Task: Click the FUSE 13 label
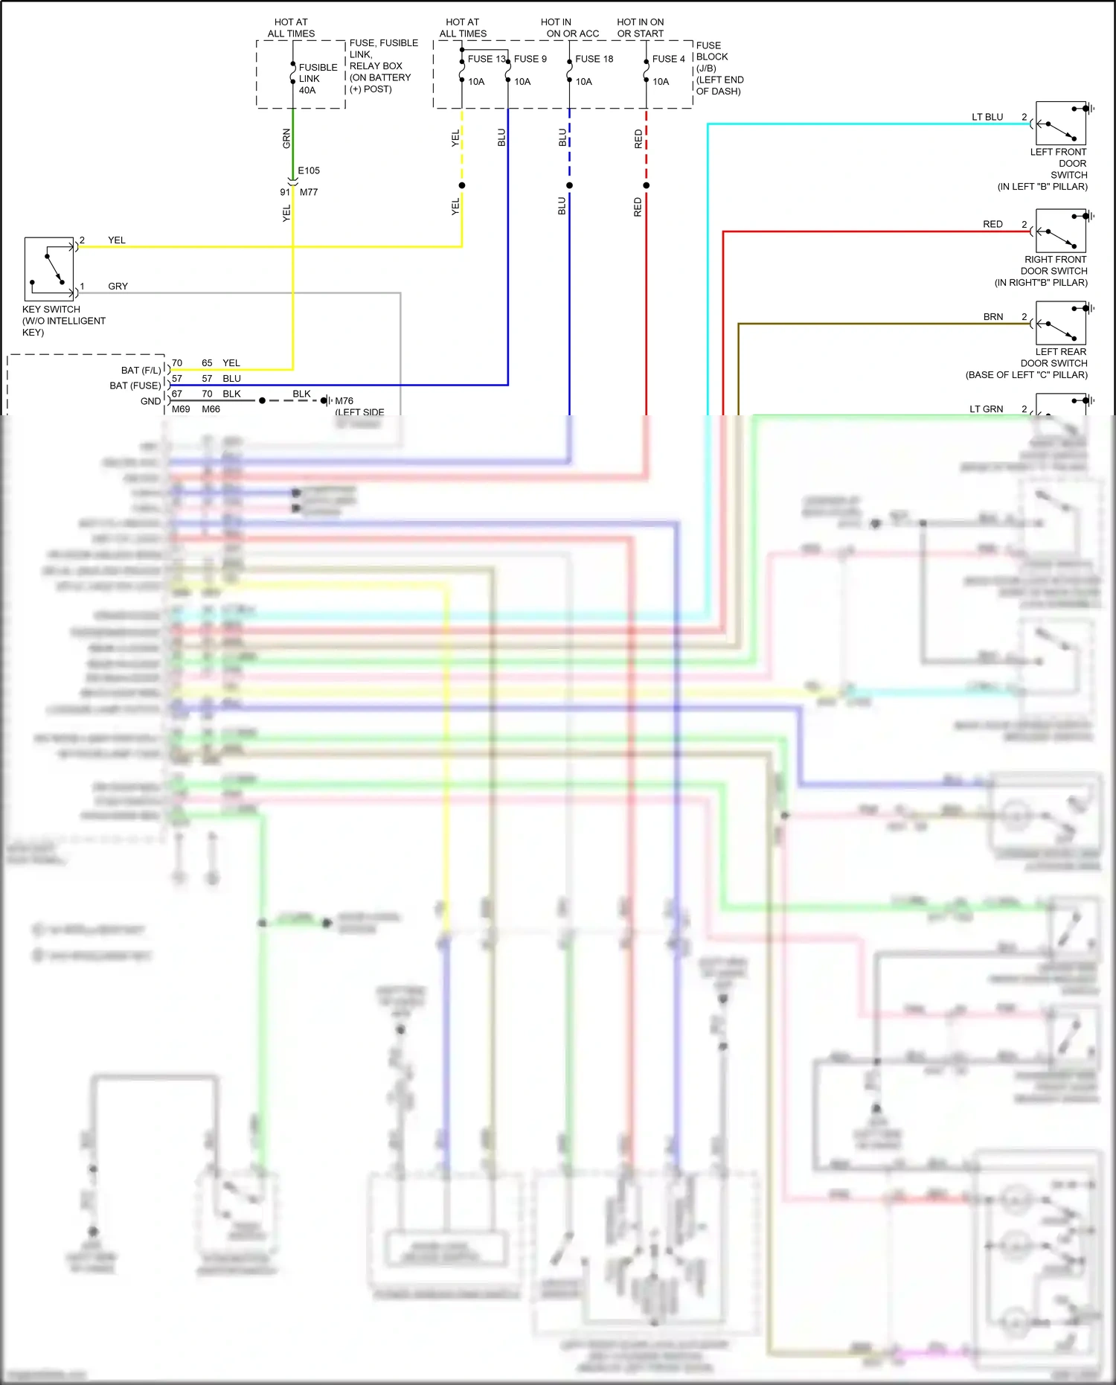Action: (486, 59)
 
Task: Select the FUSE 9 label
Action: (530, 59)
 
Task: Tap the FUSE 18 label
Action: (594, 59)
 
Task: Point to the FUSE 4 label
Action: (668, 59)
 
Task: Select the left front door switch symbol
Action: (1061, 124)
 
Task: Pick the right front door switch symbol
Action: (1061, 231)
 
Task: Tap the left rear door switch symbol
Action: (1061, 324)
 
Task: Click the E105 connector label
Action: (309, 170)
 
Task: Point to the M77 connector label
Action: (309, 192)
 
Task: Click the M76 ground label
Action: (344, 400)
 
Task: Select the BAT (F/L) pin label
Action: (141, 370)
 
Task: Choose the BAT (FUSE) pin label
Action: (135, 386)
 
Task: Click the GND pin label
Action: (150, 401)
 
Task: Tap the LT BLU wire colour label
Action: (987, 117)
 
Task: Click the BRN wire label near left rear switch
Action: (992, 316)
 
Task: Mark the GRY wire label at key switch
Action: (118, 286)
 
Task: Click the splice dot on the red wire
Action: (646, 185)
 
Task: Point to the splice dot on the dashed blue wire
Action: (569, 185)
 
